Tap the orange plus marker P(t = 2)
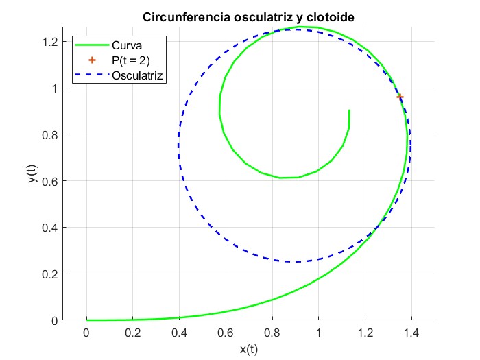(400, 97)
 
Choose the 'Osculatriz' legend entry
(137, 75)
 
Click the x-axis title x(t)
(248, 349)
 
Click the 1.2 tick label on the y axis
(49, 42)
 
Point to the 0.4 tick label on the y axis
(49, 228)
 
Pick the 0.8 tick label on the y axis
(49, 134)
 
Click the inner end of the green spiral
(349, 110)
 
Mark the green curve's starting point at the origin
(86, 320)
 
